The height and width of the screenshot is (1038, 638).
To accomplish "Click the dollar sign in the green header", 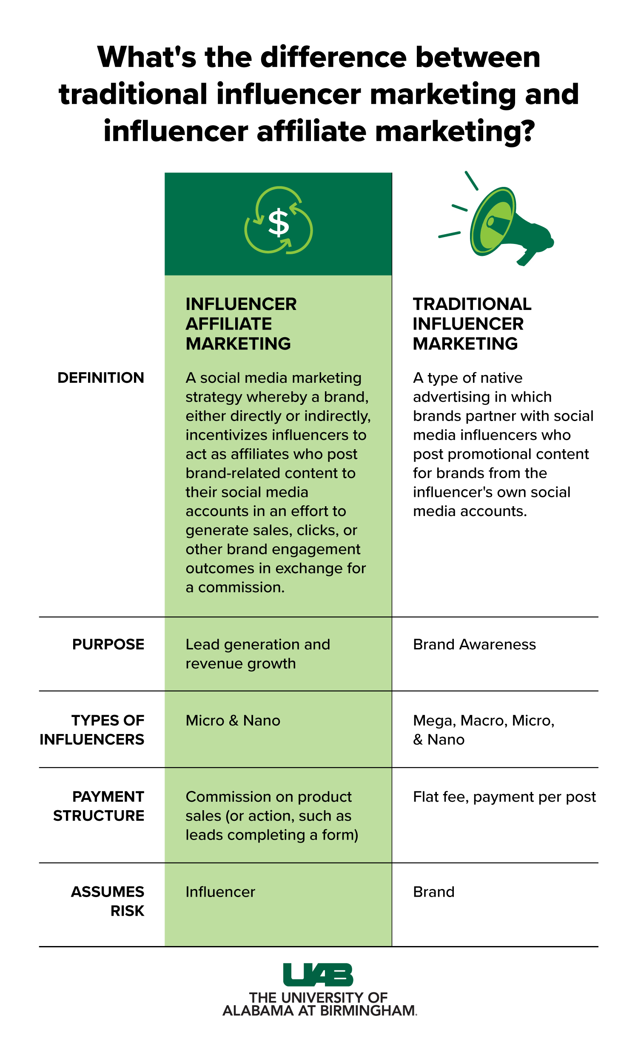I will (279, 222).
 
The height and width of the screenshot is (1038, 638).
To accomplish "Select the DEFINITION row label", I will (101, 378).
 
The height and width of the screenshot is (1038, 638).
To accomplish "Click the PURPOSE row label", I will (108, 644).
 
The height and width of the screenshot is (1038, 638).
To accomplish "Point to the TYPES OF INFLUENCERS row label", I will (92, 730).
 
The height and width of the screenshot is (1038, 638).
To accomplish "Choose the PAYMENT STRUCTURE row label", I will (99, 806).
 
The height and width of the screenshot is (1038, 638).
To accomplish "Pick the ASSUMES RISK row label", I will (108, 901).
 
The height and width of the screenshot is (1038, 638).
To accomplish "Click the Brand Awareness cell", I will (474, 645).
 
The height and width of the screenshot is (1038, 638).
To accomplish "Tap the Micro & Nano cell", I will (233, 720).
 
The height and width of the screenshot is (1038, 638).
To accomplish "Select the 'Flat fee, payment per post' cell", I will (504, 797).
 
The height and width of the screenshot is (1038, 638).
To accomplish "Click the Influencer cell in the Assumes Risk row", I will (220, 892).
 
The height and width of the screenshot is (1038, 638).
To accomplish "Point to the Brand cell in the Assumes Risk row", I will (434, 892).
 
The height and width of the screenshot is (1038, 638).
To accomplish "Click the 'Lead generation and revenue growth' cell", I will (258, 654).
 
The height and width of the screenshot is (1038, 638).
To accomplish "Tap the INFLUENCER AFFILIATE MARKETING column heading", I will (241, 324).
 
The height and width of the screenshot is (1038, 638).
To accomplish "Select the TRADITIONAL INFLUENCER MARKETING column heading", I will (472, 324).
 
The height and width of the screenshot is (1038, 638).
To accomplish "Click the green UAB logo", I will (318, 975).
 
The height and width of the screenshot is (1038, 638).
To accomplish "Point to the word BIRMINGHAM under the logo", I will (367, 1011).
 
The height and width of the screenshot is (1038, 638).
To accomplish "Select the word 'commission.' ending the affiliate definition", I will (241, 588).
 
